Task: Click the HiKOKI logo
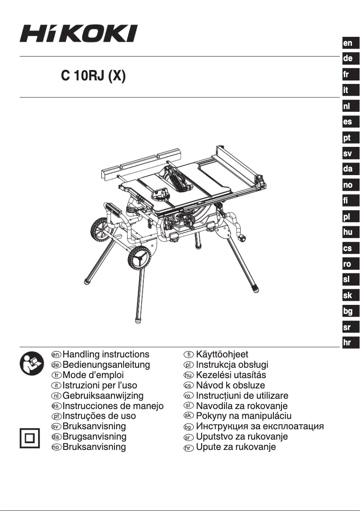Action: tap(79, 34)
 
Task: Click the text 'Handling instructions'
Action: tap(106, 354)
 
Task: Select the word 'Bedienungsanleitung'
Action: tap(106, 365)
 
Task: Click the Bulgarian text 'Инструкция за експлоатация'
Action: tap(260, 426)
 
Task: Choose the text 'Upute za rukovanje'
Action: tap(236, 447)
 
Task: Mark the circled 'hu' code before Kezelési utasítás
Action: tap(188, 375)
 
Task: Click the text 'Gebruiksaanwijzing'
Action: tap(103, 396)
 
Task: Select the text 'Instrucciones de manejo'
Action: tap(113, 406)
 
